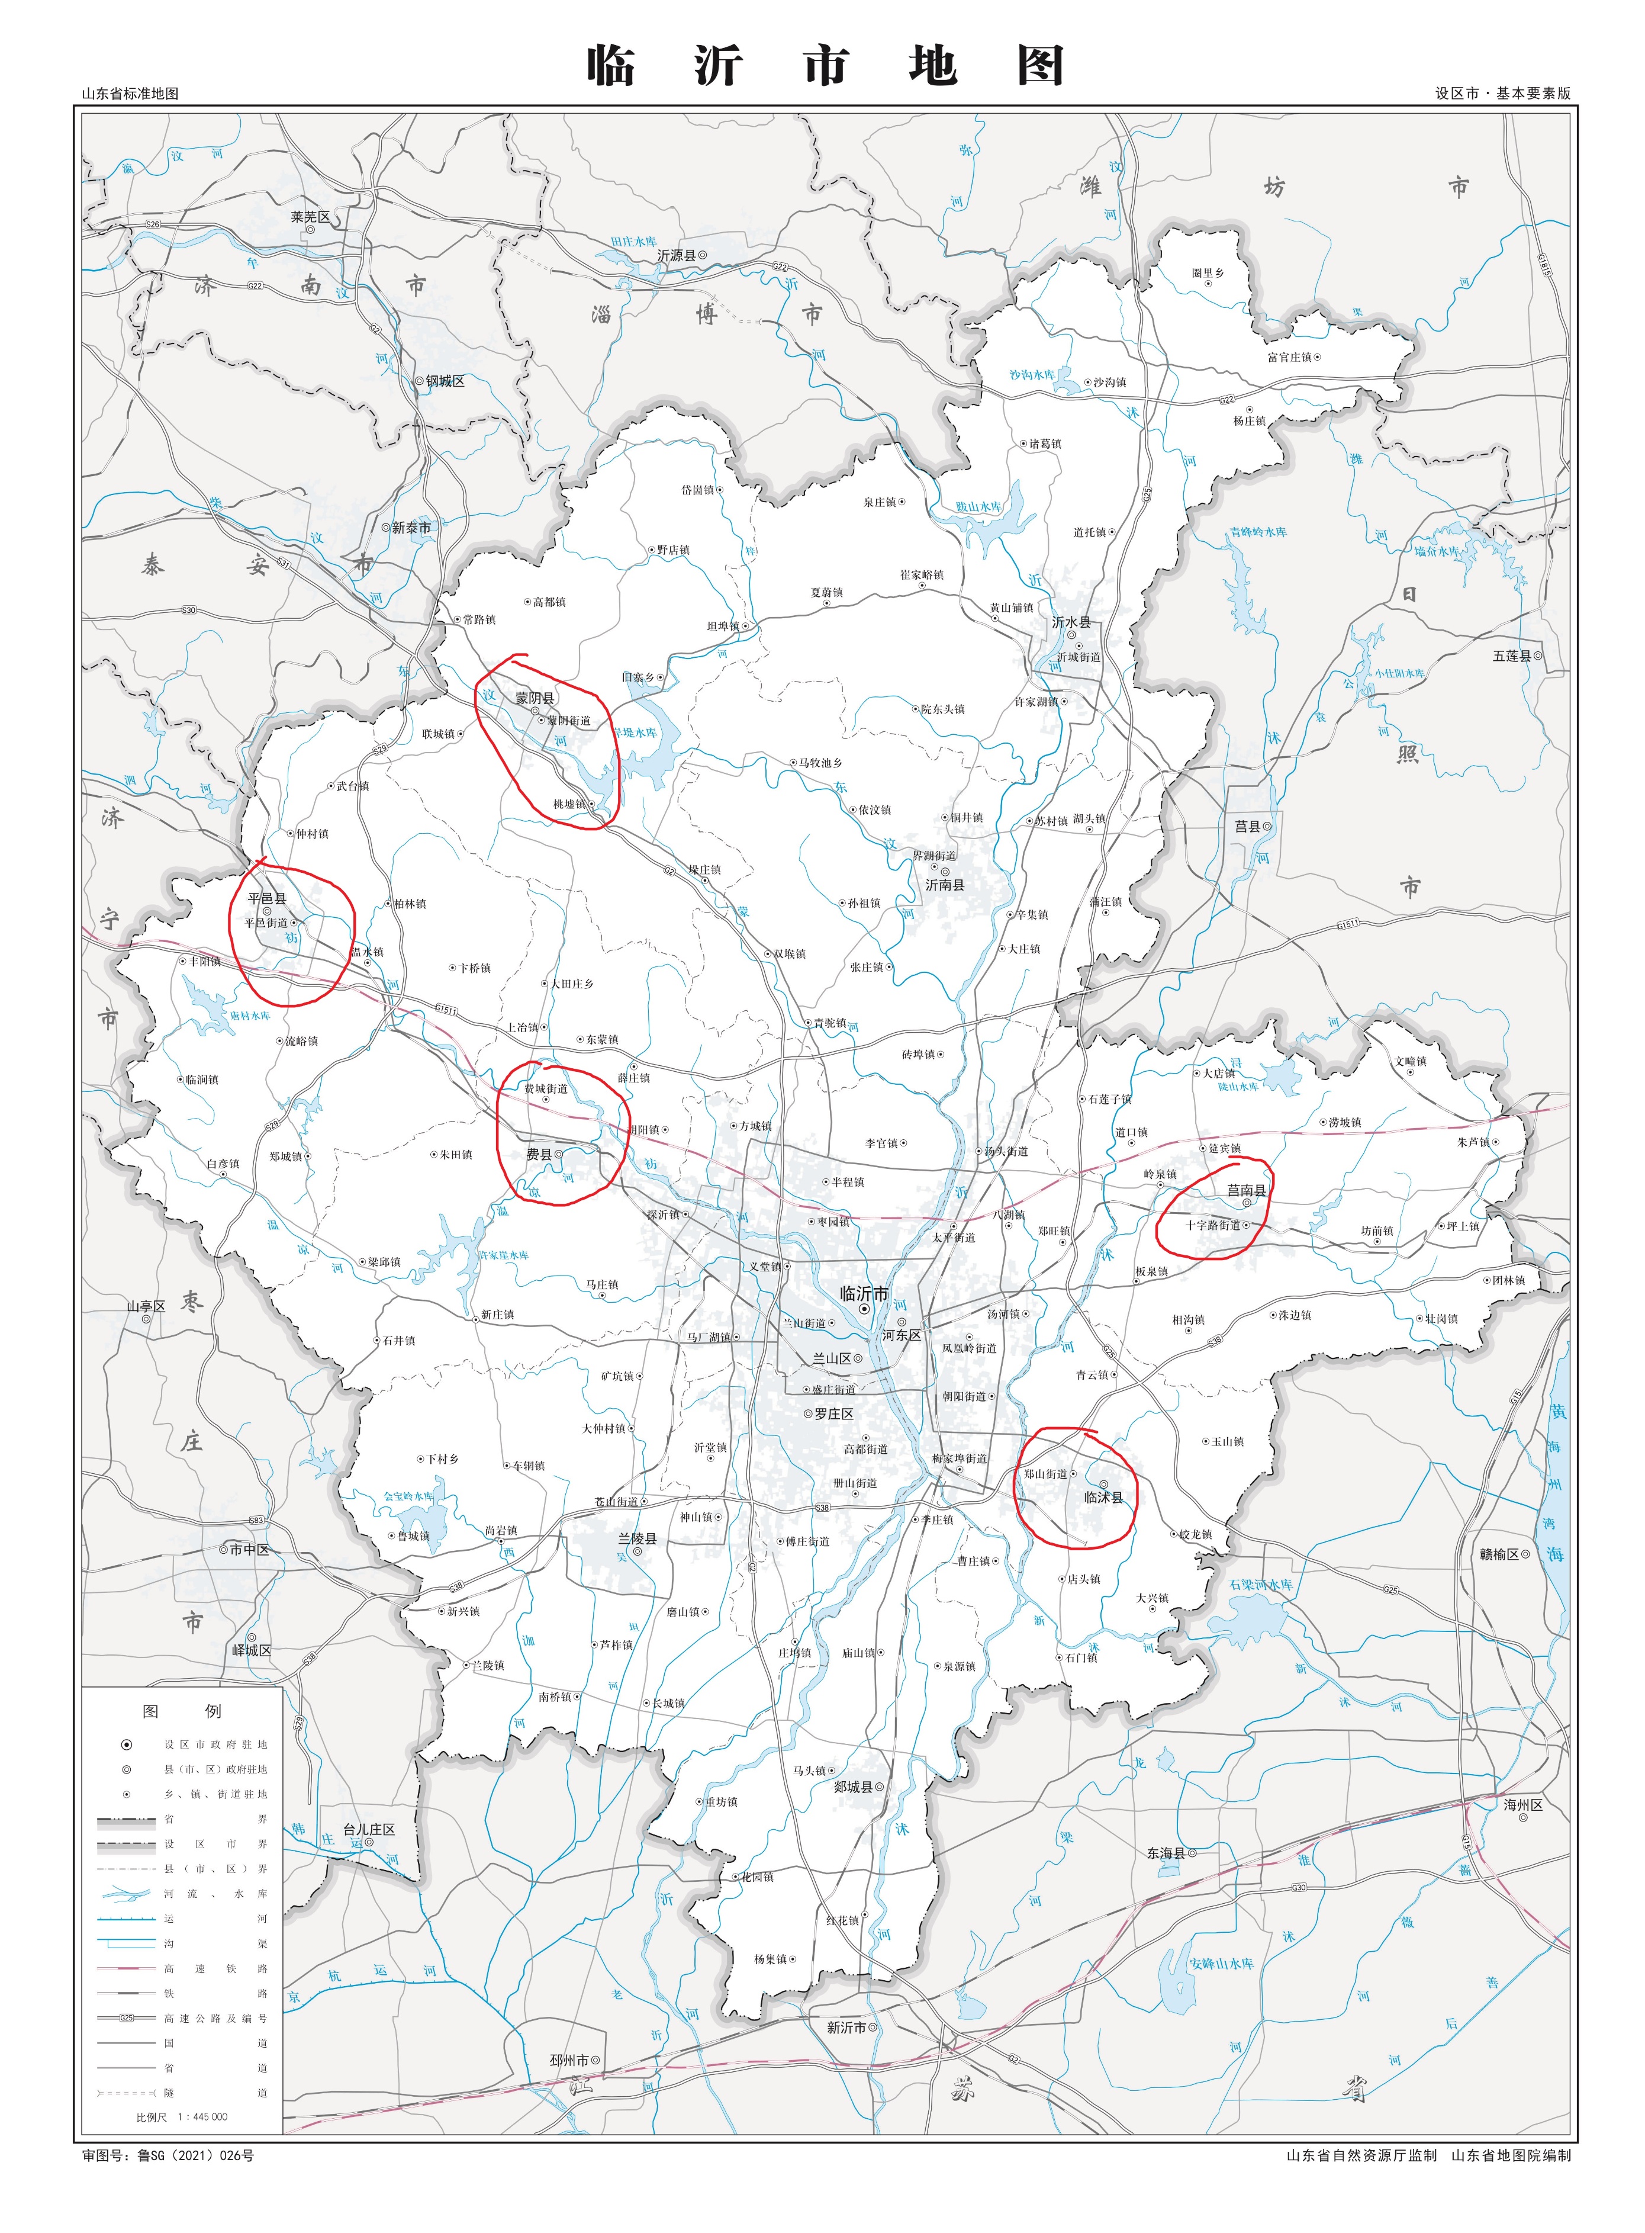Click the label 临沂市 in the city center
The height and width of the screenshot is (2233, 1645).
pos(863,1293)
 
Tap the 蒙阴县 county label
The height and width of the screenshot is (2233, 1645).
pos(535,698)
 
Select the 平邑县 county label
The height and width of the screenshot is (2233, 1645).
pos(267,897)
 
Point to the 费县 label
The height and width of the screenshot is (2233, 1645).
pos(539,1154)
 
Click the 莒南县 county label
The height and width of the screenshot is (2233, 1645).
pos(1245,1189)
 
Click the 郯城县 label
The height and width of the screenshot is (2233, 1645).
pos(854,1787)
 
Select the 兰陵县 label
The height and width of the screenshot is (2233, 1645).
pos(638,1539)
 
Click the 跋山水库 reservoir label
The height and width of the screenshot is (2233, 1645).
pos(979,507)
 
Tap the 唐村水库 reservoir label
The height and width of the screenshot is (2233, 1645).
pos(250,1016)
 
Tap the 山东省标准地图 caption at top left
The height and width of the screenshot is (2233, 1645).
pos(130,94)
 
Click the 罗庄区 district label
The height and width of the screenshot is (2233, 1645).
pos(833,1413)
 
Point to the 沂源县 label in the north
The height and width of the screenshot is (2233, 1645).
pos(676,256)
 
